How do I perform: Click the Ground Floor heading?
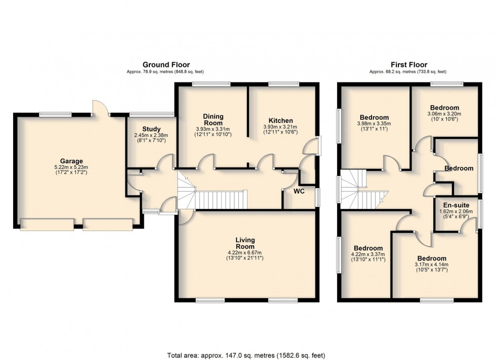click(166, 65)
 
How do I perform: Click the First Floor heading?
click(408, 65)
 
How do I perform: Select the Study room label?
click(151, 128)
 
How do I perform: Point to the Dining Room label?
click(213, 119)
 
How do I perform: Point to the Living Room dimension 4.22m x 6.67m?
click(245, 253)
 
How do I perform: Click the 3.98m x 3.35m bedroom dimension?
click(375, 123)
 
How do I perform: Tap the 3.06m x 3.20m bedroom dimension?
click(444, 114)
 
